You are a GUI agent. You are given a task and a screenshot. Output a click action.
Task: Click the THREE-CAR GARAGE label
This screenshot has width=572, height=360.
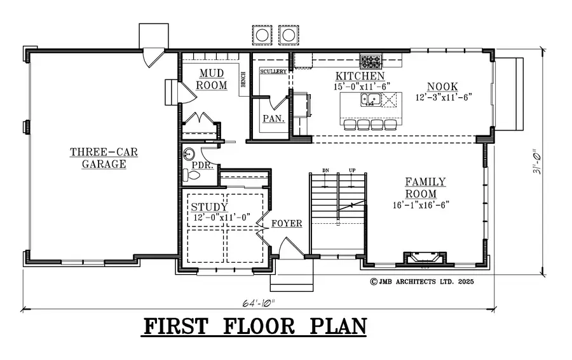click(104, 158)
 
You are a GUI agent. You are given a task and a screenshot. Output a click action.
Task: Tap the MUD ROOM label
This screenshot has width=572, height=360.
click(211, 80)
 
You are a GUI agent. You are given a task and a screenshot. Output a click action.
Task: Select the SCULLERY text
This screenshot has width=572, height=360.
click(273, 71)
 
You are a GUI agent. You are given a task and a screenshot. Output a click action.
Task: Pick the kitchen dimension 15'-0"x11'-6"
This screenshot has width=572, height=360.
click(361, 86)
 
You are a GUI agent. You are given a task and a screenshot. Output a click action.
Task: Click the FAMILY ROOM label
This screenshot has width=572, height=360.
click(425, 188)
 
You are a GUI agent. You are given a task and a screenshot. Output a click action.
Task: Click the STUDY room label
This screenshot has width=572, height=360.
click(209, 207)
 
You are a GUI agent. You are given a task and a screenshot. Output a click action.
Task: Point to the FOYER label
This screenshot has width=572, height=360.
click(287, 224)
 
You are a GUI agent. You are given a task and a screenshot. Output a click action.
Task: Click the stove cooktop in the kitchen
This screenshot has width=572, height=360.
click(372, 62)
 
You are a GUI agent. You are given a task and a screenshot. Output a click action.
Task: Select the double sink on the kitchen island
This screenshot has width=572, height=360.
click(370, 99)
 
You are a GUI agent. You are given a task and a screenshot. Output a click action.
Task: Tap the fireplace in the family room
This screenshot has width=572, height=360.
click(421, 258)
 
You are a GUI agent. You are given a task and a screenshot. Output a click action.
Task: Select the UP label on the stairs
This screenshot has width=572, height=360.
click(351, 170)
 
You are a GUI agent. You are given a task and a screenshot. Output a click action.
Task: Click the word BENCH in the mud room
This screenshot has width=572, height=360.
click(243, 79)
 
